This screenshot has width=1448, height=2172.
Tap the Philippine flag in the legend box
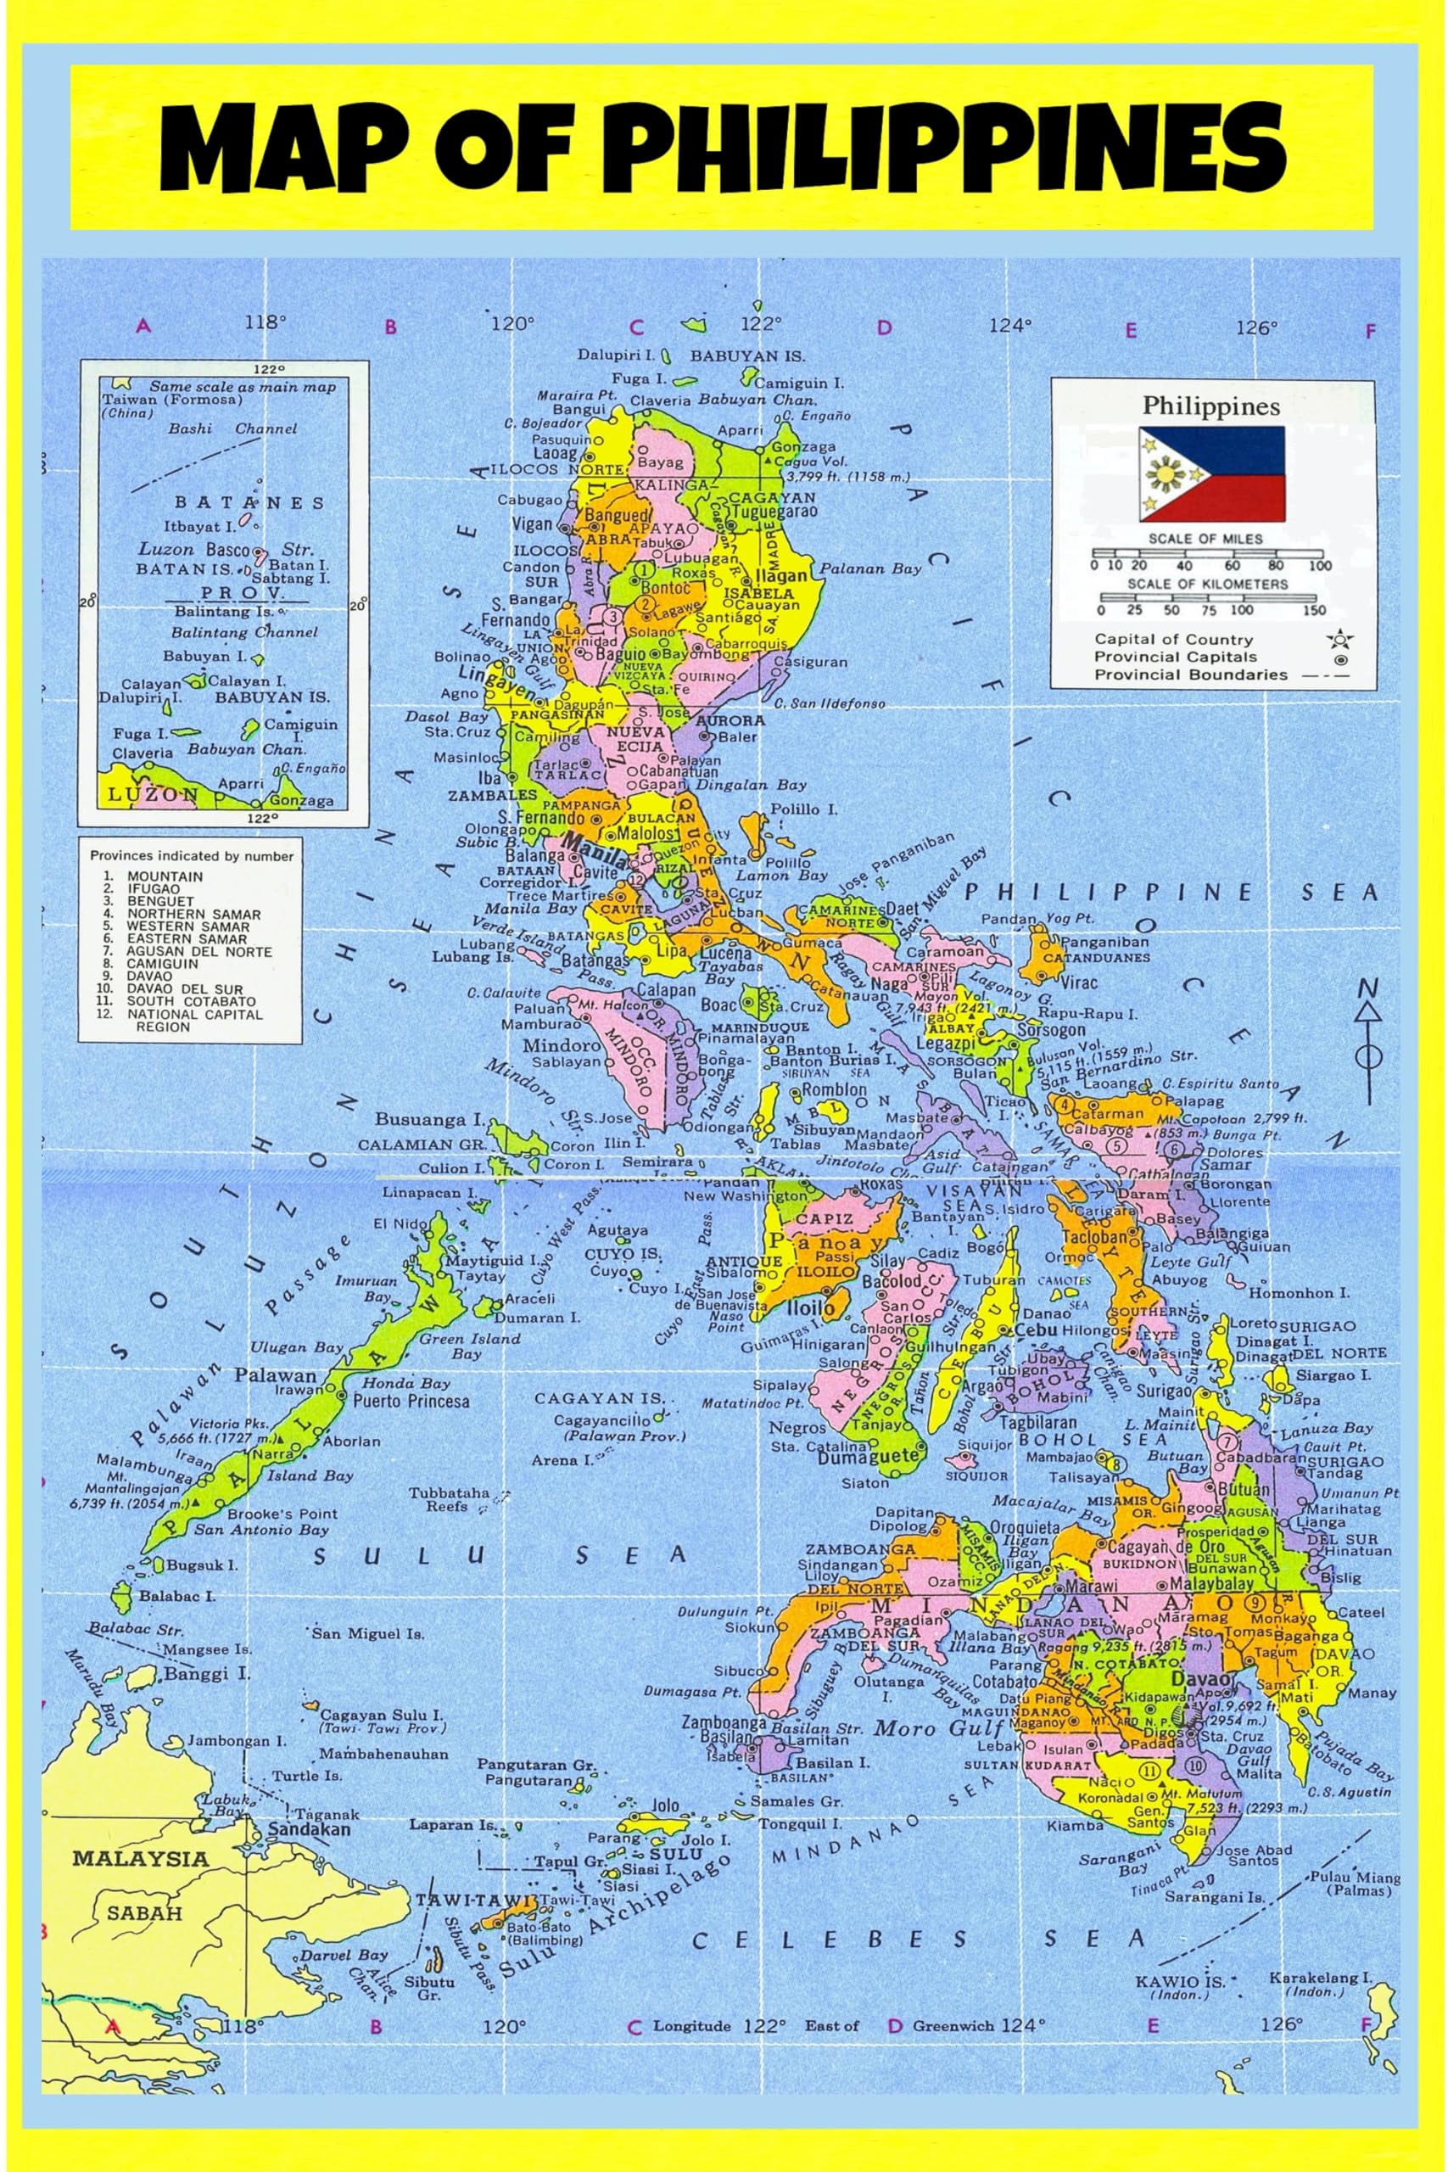click(x=1210, y=473)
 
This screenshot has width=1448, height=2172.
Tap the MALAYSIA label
click(x=140, y=1858)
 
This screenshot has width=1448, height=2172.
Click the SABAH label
click(x=145, y=1913)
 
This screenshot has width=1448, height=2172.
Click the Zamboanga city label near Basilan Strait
click(x=724, y=1722)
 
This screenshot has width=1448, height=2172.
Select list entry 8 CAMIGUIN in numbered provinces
click(x=162, y=963)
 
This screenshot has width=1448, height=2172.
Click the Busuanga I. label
click(x=429, y=1119)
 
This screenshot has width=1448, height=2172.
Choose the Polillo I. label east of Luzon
click(x=803, y=809)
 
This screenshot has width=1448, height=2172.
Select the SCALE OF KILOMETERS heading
click(x=1206, y=584)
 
